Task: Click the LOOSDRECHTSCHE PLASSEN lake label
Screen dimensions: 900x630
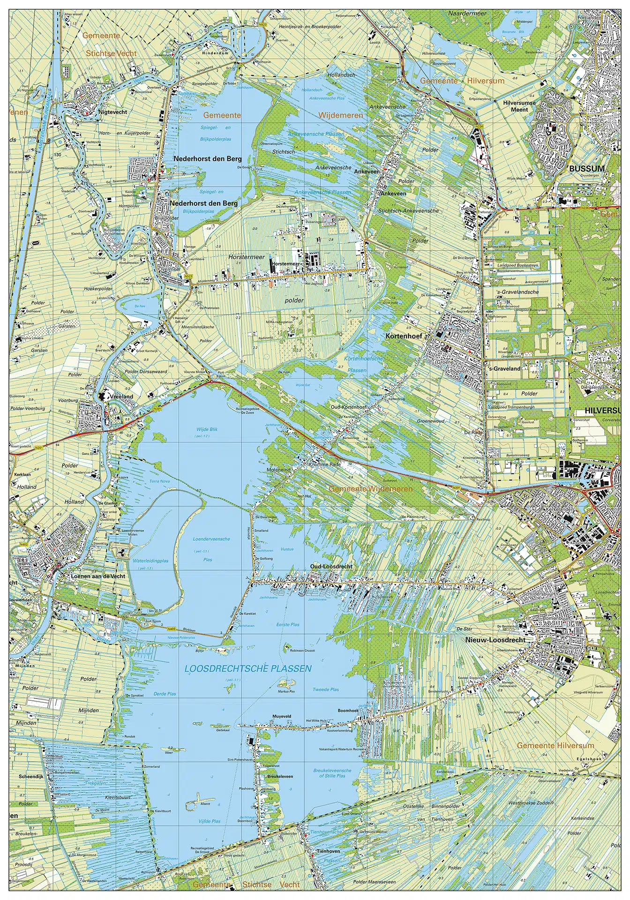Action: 248,669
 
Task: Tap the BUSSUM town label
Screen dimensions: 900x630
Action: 586,168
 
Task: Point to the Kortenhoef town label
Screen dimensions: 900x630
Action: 404,336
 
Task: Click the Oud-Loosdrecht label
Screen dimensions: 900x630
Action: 331,566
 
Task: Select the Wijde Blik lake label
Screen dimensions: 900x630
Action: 207,429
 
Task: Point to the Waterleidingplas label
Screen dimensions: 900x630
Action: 150,561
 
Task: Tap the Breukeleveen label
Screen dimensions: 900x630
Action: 280,776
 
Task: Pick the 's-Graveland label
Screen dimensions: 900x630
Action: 504,368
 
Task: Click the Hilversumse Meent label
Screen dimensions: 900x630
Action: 515,106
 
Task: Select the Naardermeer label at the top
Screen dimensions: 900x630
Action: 467,14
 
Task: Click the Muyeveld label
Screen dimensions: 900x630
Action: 282,717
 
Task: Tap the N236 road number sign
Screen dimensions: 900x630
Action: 479,127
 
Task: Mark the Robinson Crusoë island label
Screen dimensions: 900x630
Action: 302,651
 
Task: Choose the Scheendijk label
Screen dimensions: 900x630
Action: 31,776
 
